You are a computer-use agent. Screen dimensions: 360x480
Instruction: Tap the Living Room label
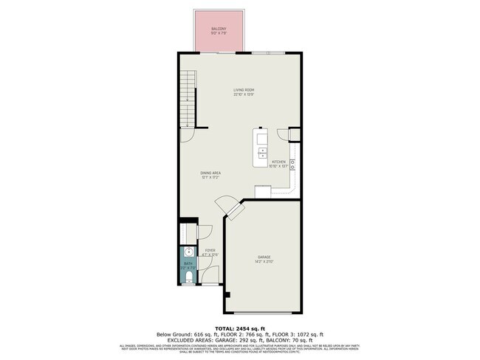244,90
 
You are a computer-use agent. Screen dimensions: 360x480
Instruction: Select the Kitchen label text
278,162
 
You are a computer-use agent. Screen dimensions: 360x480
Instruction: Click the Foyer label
210,250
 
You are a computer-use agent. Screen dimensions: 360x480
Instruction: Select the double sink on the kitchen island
262,153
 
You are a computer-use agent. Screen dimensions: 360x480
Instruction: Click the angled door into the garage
235,210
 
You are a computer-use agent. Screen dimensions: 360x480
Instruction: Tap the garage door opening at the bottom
264,313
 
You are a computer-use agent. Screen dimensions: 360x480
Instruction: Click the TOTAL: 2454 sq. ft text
239,327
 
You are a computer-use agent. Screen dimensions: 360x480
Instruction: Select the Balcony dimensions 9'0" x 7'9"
219,34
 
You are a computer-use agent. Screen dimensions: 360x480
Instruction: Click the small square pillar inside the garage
228,295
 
